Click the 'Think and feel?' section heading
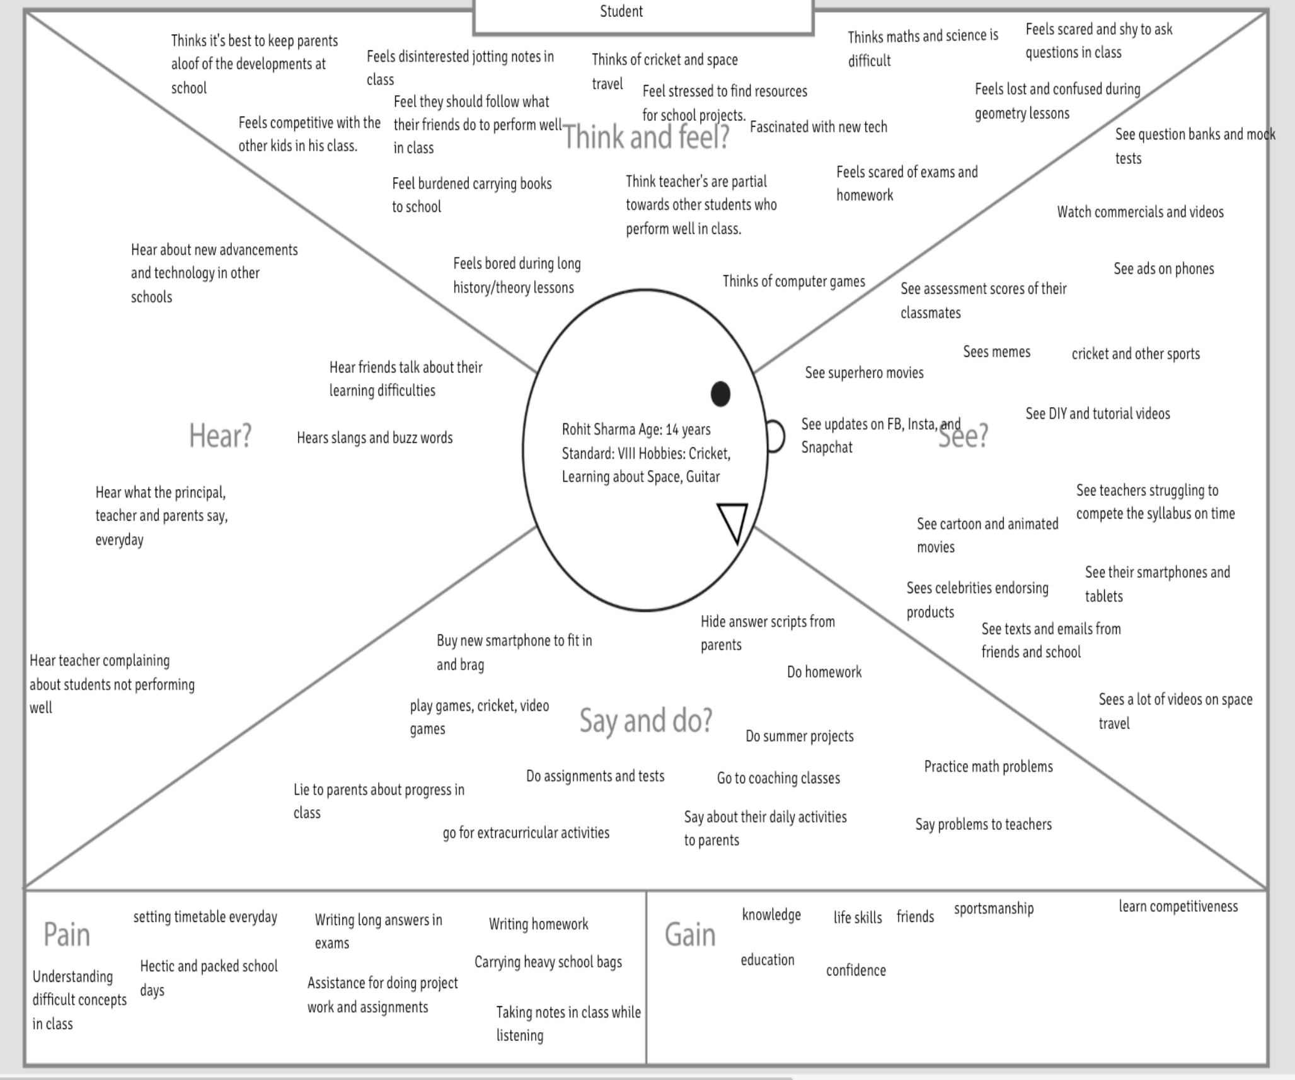pos(646,137)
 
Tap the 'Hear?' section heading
pos(220,435)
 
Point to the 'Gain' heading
pos(690,934)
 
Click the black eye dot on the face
pos(720,394)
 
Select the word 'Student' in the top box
pos(621,11)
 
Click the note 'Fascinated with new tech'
pos(818,127)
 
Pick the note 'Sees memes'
pos(996,352)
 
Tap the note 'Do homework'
pos(824,672)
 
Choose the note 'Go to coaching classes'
pos(778,778)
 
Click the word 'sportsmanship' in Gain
pos(994,908)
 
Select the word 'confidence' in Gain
pos(856,970)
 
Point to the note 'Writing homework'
pos(538,924)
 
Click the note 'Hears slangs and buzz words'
pos(374,437)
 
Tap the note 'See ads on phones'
pos(1163,268)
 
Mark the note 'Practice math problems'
pos(988,766)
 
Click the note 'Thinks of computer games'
pos(793,281)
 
